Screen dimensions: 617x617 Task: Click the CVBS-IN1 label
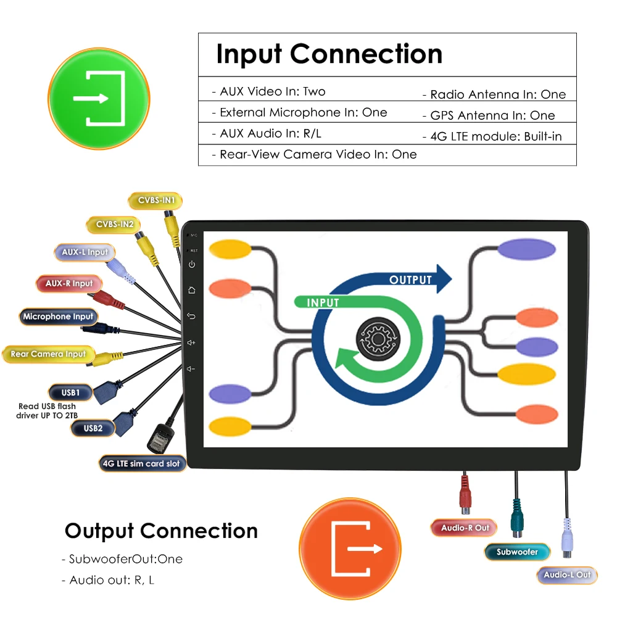(x=156, y=201)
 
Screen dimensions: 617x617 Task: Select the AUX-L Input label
(x=85, y=252)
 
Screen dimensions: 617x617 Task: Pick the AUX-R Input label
(x=68, y=284)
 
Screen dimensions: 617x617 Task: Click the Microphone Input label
(x=58, y=317)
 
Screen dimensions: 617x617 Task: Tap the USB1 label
(x=70, y=392)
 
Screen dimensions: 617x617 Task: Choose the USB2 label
(x=93, y=428)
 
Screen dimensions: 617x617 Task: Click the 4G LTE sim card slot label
(x=142, y=463)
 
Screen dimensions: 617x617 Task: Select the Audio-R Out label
(x=464, y=528)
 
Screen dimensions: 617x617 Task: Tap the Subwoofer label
(x=517, y=552)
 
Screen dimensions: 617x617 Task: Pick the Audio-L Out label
(x=566, y=575)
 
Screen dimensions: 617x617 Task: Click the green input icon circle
(x=99, y=98)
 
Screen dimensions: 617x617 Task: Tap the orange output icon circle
(x=349, y=549)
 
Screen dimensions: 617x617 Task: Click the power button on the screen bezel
(x=192, y=265)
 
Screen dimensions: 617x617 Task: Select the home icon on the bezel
(x=192, y=290)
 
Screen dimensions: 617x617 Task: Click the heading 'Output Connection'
(x=161, y=531)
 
